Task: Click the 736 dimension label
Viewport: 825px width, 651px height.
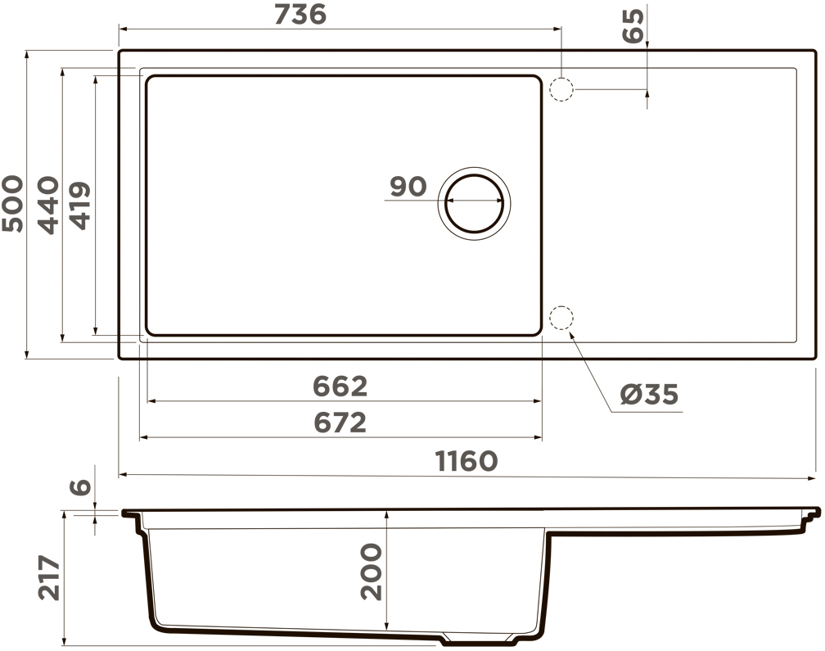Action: coord(300,15)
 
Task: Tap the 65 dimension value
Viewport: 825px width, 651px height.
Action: coord(633,25)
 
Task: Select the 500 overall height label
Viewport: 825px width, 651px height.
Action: coord(13,204)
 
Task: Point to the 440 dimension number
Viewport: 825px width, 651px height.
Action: coord(48,205)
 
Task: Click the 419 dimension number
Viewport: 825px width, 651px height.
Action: coord(80,206)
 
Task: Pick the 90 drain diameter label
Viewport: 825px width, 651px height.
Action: coord(408,187)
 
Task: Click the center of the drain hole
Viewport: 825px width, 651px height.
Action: coord(474,203)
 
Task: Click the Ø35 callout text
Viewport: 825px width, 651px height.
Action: coord(649,394)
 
